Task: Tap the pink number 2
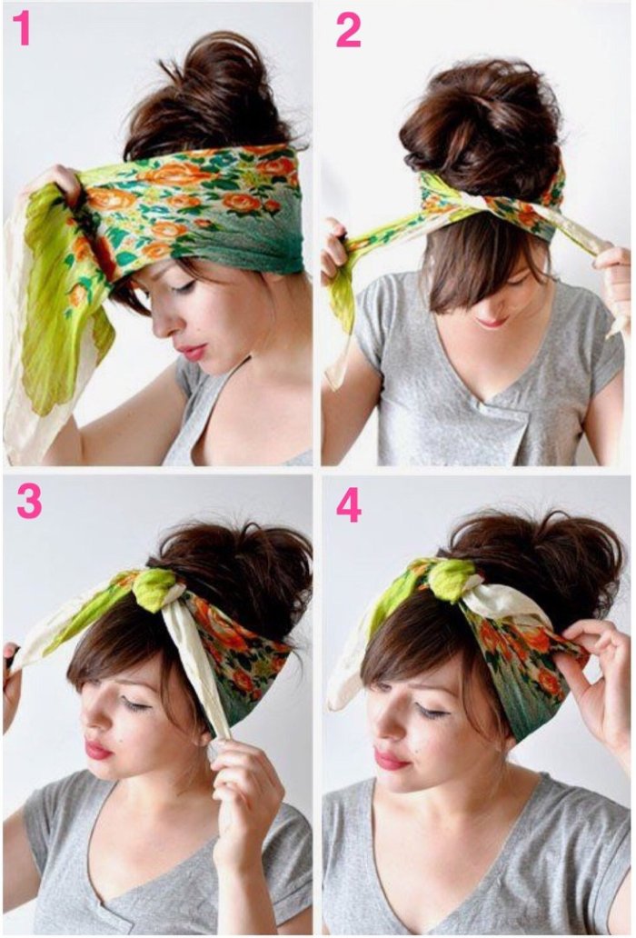click(349, 30)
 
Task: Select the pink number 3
click(29, 501)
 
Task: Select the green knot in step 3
click(154, 588)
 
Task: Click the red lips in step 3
click(98, 749)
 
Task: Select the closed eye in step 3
click(135, 706)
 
